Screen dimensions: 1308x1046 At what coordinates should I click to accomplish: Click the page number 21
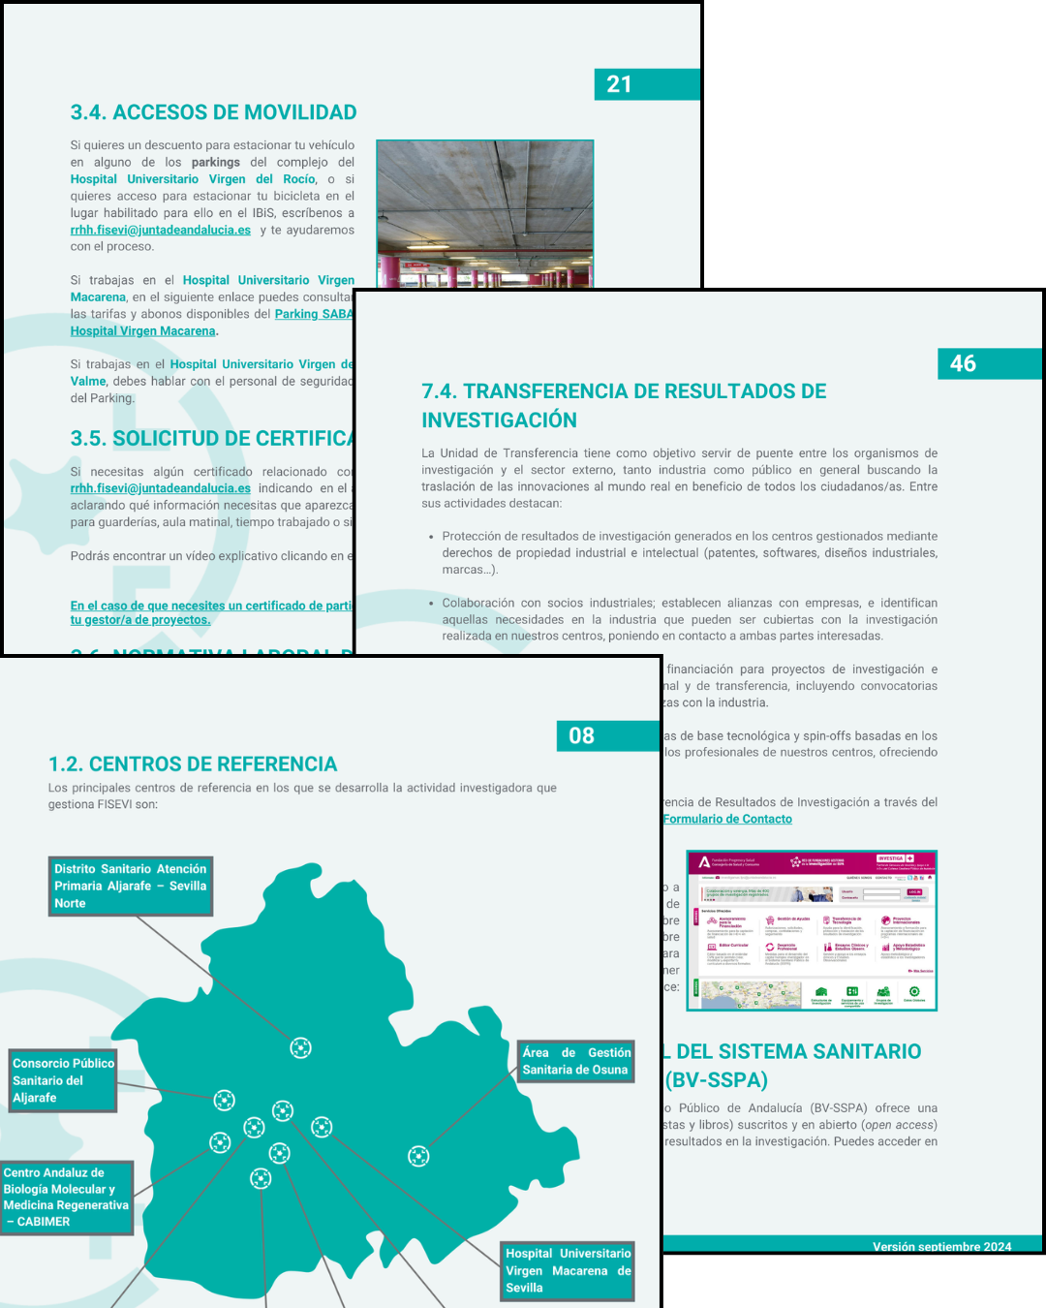point(620,84)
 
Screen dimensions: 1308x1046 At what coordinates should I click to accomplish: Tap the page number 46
point(963,363)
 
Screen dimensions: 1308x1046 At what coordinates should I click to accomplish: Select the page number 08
point(581,735)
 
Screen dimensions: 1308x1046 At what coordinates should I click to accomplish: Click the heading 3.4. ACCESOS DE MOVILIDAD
point(213,112)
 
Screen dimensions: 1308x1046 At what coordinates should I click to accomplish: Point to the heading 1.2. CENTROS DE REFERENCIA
point(193,764)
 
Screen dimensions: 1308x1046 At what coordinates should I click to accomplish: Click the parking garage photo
point(483,213)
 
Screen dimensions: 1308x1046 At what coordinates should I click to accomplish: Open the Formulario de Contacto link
point(727,819)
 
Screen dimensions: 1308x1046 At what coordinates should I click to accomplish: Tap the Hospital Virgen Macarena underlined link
point(142,331)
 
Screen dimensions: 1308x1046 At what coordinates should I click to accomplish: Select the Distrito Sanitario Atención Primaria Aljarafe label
point(130,886)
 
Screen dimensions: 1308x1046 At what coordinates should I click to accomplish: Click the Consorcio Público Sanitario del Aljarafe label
point(63,1080)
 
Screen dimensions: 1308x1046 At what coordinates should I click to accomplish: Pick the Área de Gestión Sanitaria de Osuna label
point(576,1061)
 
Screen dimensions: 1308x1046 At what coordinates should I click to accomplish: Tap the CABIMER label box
point(66,1197)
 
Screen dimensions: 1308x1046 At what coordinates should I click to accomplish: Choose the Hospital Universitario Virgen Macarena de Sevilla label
point(568,1270)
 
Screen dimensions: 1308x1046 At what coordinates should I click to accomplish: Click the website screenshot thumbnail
point(812,931)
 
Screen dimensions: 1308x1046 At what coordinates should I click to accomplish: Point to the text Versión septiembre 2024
point(941,1246)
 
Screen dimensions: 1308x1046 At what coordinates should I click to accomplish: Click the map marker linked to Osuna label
point(418,1156)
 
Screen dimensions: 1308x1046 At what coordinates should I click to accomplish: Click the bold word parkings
point(215,163)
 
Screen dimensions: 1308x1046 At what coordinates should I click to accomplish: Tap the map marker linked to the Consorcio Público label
point(225,1100)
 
